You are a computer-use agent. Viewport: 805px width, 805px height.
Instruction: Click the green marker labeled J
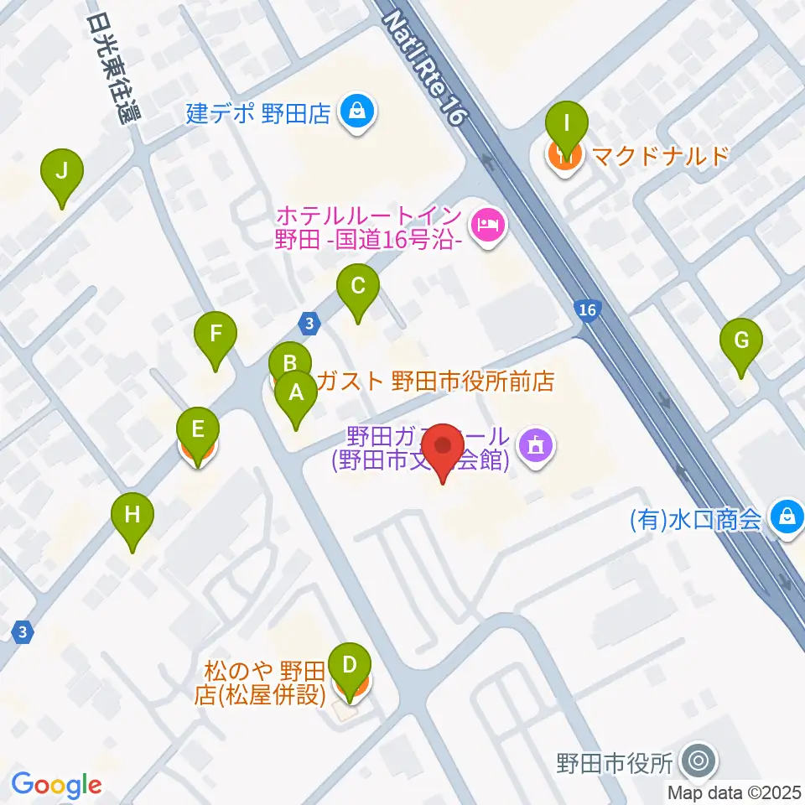(61, 171)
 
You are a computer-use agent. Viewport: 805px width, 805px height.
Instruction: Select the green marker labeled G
(741, 340)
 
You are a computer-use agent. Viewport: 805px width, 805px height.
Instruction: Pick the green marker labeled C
(357, 287)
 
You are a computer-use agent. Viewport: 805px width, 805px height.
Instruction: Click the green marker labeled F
(216, 335)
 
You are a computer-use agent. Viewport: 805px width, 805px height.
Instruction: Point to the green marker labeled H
(132, 514)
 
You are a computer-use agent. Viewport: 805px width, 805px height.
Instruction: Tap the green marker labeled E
(197, 430)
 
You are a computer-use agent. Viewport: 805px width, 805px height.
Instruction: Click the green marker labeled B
(290, 364)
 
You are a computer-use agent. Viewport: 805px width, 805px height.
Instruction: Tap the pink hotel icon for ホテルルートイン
(487, 225)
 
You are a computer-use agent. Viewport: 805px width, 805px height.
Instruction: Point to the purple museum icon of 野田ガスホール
(534, 444)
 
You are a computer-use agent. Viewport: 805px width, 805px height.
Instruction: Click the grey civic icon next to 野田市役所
(698, 762)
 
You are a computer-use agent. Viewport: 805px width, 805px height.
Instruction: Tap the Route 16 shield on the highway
(588, 310)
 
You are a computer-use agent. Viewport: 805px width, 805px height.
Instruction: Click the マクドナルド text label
(658, 155)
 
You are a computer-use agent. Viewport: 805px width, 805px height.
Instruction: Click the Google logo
(56, 786)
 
